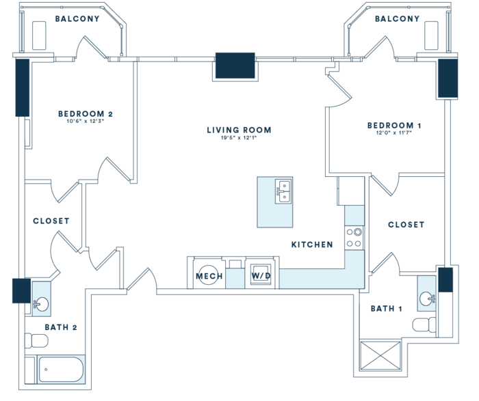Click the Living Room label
239,130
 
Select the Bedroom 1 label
394,125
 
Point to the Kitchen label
312,245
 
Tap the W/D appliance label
260,276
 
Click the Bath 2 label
60,327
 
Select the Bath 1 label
387,309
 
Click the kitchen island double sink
284,191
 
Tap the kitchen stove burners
354,237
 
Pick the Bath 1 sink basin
428,298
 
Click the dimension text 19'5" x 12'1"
239,139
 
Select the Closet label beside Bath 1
406,225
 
